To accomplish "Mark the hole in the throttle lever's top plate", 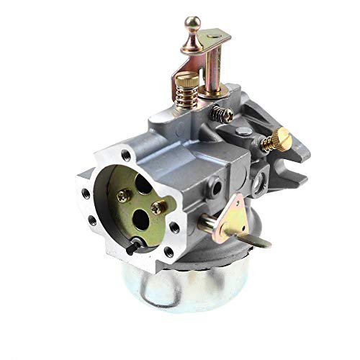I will pos(215,32).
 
